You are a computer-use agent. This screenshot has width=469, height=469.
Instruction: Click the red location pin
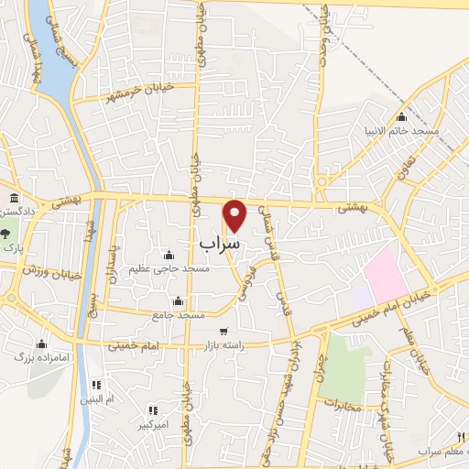coord(235,213)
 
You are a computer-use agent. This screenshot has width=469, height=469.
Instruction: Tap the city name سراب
coord(220,245)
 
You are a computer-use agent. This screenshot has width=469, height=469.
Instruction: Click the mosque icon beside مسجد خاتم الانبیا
coord(401,116)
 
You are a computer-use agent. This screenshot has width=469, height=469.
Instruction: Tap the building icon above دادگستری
coord(12,199)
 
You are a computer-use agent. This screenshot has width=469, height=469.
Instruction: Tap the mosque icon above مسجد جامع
coord(177,301)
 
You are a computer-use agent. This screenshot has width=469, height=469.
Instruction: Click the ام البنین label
coord(97,400)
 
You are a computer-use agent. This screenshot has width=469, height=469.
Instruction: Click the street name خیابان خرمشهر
coord(138,92)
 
